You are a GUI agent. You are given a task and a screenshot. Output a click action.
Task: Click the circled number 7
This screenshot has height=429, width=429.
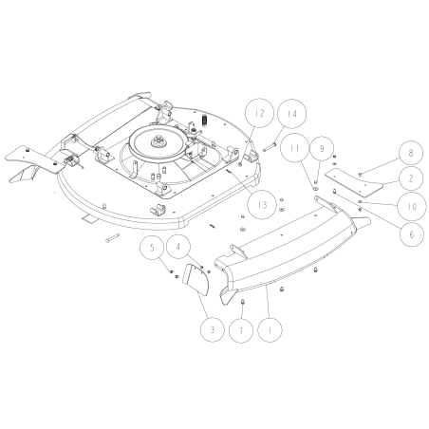(242, 329)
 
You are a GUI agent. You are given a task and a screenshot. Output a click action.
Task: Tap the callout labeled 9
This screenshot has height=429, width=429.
(323, 149)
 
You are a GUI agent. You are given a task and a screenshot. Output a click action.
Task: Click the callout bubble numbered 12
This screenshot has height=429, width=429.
(257, 114)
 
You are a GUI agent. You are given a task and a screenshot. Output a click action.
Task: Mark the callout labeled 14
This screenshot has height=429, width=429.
(291, 114)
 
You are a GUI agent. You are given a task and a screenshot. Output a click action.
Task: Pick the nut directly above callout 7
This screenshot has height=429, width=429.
(242, 302)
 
